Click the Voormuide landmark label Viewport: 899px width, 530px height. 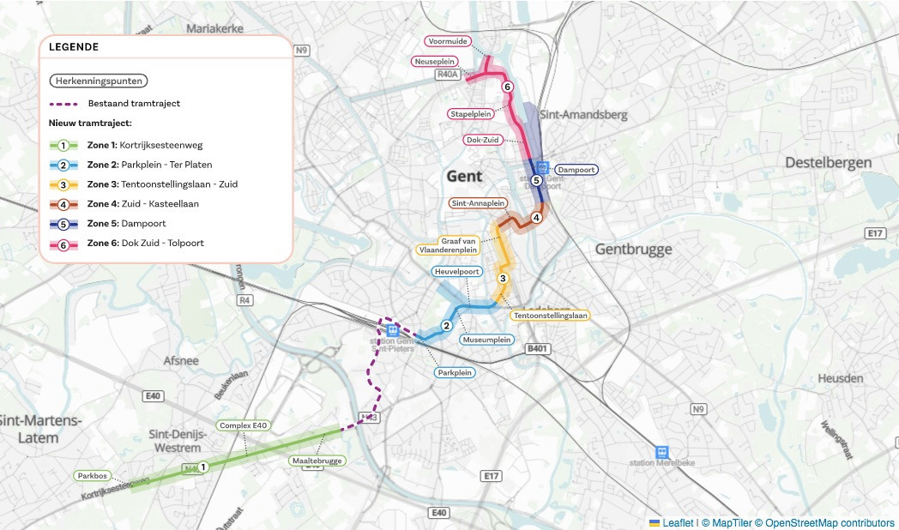446,41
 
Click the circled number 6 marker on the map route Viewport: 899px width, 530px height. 507,87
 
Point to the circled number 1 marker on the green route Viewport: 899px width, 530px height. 203,467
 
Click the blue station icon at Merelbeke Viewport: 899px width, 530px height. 661,451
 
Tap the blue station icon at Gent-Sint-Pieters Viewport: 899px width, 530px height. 392,329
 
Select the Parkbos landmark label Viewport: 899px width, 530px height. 92,475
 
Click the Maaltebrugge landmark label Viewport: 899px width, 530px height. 317,461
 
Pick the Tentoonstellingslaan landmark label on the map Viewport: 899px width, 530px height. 550,316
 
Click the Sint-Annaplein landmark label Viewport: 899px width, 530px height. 478,203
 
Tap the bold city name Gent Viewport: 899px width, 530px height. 464,177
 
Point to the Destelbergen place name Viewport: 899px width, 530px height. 828,162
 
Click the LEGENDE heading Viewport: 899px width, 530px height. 74,47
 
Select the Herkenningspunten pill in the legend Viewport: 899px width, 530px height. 99,81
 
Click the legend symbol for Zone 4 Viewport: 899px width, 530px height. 63,204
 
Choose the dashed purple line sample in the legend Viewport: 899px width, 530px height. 63,104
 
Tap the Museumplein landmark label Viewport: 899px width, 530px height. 486,340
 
